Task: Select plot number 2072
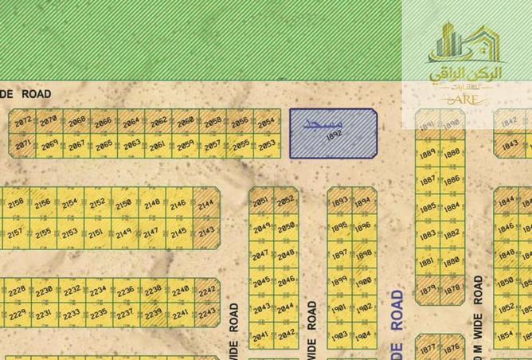click(x=22, y=122)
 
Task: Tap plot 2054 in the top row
click(x=266, y=122)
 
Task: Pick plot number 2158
click(x=15, y=205)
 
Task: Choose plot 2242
click(x=207, y=292)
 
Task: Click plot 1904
click(x=364, y=334)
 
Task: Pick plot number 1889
click(x=428, y=153)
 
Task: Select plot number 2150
click(x=123, y=205)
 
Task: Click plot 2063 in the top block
click(x=132, y=144)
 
